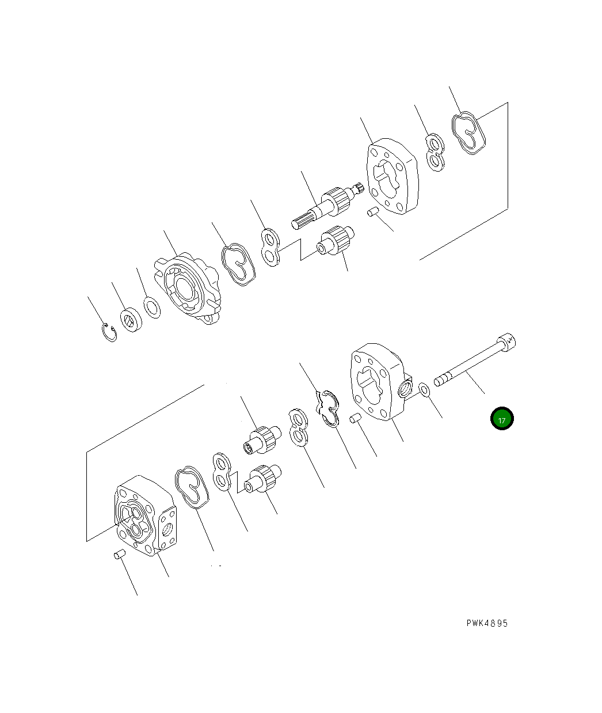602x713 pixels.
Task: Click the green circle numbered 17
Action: [502, 418]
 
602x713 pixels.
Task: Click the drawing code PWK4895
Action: [487, 623]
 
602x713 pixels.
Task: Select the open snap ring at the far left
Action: [109, 332]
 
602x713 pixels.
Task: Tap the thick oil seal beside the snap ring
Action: [131, 320]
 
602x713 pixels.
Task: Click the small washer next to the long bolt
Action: [424, 390]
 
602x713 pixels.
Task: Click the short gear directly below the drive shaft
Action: [336, 241]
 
